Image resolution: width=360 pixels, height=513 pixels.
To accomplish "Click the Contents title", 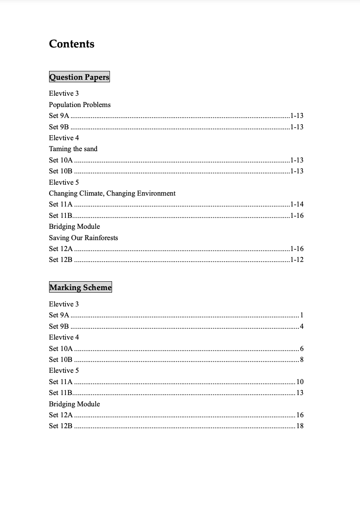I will tap(72, 44).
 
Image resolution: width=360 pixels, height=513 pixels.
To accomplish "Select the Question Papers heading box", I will tap(79, 77).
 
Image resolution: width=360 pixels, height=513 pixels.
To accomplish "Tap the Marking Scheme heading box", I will tap(81, 287).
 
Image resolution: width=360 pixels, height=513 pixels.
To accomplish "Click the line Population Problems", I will tap(80, 105).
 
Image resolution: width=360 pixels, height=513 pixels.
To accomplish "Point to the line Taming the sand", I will tap(73, 149).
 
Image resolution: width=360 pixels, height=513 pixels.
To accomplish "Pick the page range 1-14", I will tap(297, 204).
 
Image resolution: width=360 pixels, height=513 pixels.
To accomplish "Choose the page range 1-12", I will tap(297, 259).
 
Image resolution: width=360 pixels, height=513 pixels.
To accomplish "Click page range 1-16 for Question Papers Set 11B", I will tap(297, 215).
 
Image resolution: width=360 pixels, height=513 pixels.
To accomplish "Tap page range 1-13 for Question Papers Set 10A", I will tap(297, 160).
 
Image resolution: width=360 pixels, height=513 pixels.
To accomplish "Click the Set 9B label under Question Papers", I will tap(59, 127).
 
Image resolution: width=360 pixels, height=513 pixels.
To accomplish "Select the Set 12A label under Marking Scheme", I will tap(61, 415).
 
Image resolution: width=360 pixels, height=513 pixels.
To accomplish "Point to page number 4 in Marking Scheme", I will tap(302, 326).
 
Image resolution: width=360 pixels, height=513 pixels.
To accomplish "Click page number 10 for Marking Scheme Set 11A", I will tap(300, 382).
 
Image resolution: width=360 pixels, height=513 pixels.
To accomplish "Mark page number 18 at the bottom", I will tap(300, 426).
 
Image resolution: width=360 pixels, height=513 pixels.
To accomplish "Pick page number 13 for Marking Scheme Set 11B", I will tap(300, 393).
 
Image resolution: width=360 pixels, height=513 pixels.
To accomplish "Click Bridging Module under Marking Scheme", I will tap(74, 404).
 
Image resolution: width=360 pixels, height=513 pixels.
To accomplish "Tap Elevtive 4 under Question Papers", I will tap(64, 138).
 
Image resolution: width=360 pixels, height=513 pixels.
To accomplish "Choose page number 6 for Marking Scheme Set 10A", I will tap(302, 348).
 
